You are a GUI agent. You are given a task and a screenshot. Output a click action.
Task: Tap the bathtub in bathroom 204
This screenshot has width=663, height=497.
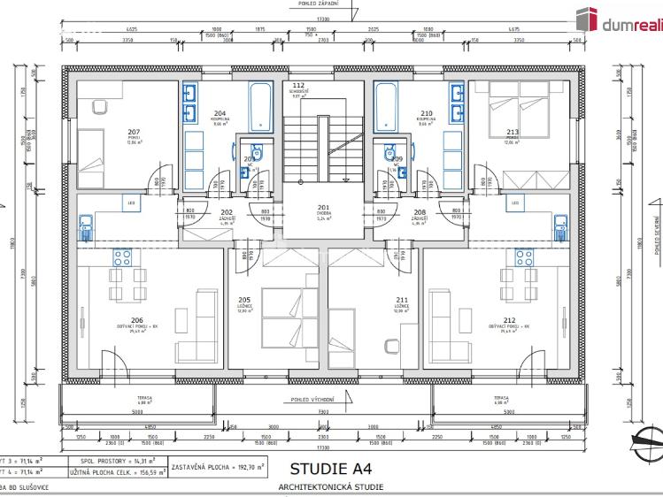point(260,108)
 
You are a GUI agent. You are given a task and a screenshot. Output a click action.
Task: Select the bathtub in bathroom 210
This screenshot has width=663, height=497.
point(387,108)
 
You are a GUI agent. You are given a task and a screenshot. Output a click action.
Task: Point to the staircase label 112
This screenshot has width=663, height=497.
point(298,86)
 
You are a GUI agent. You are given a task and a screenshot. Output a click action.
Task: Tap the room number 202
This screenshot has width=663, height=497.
point(227,212)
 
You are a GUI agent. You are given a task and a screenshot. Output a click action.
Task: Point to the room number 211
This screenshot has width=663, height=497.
point(402,300)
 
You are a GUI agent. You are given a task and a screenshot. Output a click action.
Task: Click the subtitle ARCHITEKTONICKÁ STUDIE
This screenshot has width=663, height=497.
point(330,487)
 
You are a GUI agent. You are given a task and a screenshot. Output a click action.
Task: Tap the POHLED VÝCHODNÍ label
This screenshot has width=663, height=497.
point(322,400)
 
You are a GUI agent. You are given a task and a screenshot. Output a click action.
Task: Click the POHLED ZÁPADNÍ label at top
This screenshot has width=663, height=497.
point(322,4)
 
